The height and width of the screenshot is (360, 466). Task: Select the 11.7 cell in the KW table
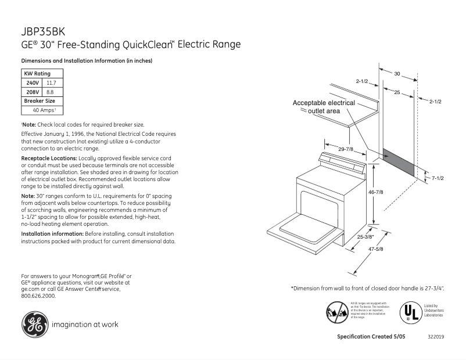51,83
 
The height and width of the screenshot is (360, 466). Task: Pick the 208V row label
32,92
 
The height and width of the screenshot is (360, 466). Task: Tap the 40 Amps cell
42,110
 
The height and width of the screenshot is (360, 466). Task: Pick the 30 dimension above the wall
397,74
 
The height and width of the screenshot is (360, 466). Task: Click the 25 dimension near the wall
396,93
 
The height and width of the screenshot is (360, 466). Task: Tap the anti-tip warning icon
337,312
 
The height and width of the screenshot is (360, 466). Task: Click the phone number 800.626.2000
38,296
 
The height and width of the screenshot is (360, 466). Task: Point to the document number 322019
436,337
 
